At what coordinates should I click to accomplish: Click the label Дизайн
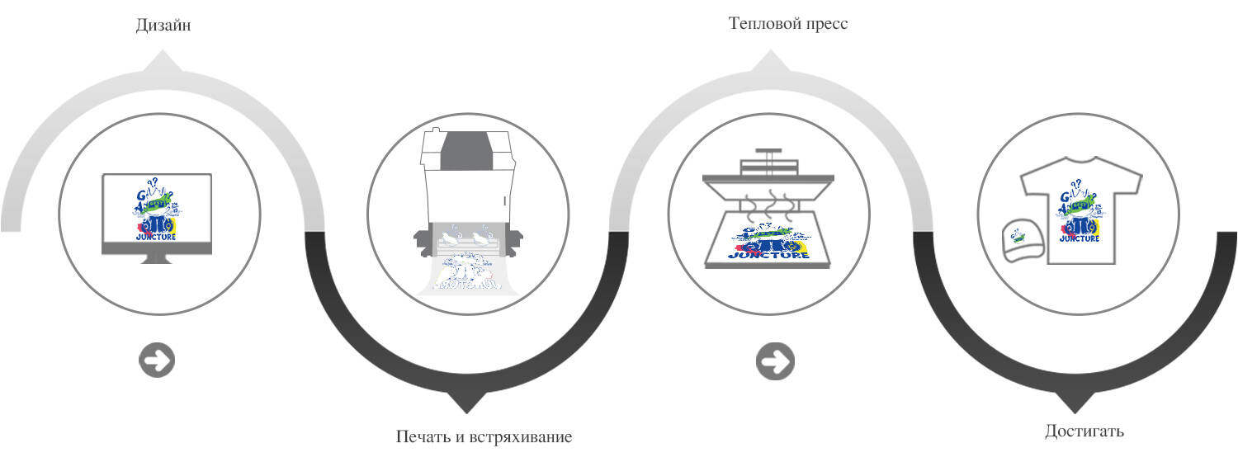pyautogui.click(x=163, y=26)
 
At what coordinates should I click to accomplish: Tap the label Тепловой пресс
pyautogui.click(x=788, y=23)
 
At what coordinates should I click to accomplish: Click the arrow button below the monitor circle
pyautogui.click(x=157, y=361)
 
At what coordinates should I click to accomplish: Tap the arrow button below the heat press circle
pyautogui.click(x=775, y=361)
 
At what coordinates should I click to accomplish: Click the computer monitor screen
pyautogui.click(x=156, y=210)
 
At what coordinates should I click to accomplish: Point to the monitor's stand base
pyautogui.click(x=157, y=258)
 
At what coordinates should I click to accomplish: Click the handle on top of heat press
pyautogui.click(x=768, y=157)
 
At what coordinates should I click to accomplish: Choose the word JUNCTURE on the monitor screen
pyautogui.click(x=156, y=238)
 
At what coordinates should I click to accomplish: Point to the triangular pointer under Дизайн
pyautogui.click(x=163, y=60)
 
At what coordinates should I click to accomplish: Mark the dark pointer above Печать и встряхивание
pyautogui.click(x=467, y=403)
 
